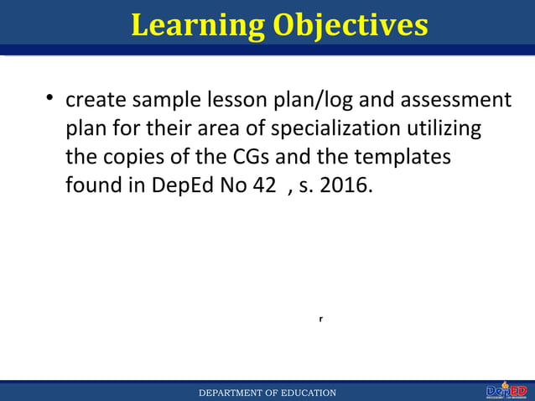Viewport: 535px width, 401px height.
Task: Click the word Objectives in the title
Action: click(x=350, y=24)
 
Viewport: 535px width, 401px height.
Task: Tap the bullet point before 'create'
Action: click(x=50, y=101)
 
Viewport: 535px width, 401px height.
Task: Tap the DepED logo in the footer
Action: click(x=506, y=391)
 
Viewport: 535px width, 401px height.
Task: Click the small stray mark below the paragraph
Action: click(x=321, y=320)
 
